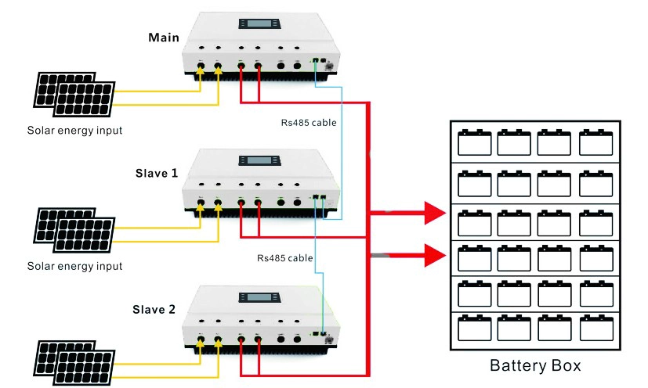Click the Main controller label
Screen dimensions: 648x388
[x=164, y=38]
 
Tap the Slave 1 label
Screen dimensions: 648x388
[x=157, y=174]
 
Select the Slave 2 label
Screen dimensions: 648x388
[x=154, y=310]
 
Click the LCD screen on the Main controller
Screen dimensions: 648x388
[x=259, y=23]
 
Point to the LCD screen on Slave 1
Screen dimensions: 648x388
[x=259, y=160]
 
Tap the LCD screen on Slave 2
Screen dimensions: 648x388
[x=259, y=297]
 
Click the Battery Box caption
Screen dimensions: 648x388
[x=535, y=366]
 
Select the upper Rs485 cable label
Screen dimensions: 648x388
[x=309, y=123]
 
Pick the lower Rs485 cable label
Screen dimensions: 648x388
[x=284, y=258]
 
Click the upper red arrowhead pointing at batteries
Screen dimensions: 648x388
[x=435, y=213]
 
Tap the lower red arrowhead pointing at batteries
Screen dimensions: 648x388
[x=435, y=255]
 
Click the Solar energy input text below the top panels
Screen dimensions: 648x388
[x=74, y=131]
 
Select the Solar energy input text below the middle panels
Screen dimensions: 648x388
[x=74, y=266]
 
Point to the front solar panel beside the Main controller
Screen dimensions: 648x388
[x=85, y=99]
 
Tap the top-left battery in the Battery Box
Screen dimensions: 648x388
[x=474, y=142]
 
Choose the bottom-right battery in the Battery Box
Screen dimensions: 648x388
[x=596, y=328]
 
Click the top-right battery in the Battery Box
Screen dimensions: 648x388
[x=596, y=142]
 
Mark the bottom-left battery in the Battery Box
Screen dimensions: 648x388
[x=474, y=328]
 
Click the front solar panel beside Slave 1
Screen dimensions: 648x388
[x=85, y=235]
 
